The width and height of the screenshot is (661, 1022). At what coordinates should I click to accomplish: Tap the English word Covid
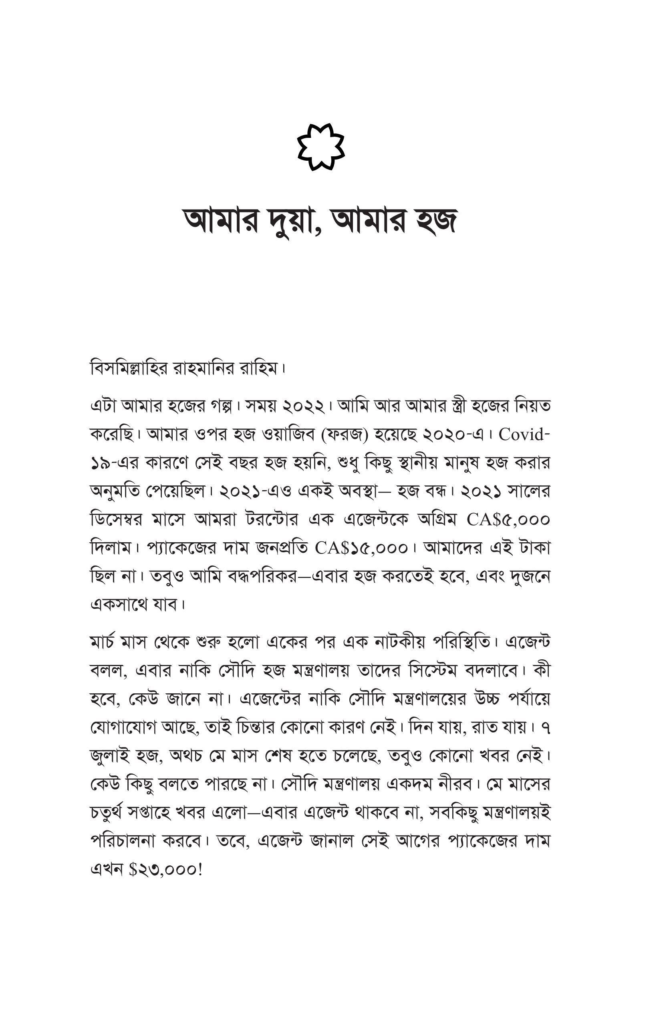(x=522, y=434)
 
